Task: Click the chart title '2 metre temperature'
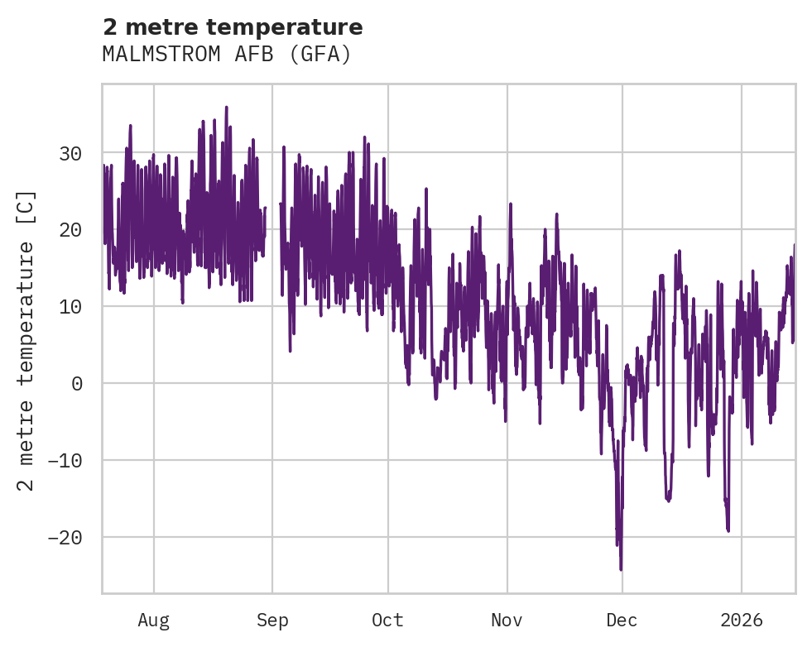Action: [x=233, y=27]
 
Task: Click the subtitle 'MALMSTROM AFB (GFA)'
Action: [x=227, y=55]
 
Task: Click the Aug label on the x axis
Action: [x=153, y=621]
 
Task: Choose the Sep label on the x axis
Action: [x=272, y=621]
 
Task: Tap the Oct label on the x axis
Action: [x=387, y=621]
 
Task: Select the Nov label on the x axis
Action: [x=507, y=621]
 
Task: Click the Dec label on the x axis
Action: [x=622, y=621]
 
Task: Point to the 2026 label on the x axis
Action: [x=742, y=621]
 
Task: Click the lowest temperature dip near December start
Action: [x=621, y=569]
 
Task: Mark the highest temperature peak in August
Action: [x=226, y=108]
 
